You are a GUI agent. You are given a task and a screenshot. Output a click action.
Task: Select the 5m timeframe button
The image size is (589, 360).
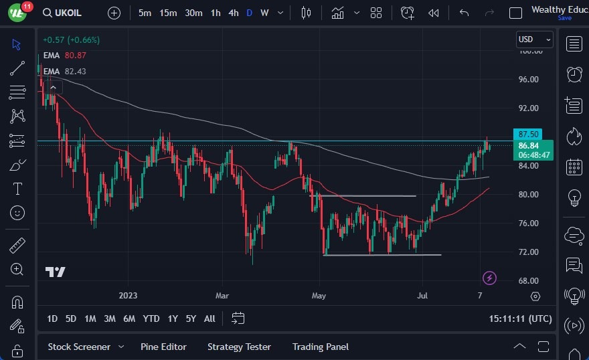click(x=145, y=13)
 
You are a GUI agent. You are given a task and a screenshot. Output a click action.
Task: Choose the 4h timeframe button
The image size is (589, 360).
click(x=233, y=13)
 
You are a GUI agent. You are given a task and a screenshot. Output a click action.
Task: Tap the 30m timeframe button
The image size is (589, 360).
click(x=193, y=13)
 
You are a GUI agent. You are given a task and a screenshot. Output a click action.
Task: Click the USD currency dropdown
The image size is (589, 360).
click(x=534, y=39)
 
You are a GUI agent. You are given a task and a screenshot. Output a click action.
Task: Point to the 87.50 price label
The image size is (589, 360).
click(x=528, y=134)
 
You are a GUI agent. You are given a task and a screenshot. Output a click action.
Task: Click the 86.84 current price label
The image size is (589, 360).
click(x=528, y=145)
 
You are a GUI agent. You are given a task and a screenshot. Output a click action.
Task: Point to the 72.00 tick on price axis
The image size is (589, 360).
click(x=528, y=252)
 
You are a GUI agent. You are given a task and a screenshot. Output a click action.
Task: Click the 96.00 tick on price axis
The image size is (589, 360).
click(x=528, y=79)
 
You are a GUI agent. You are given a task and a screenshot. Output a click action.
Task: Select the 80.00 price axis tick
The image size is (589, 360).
click(x=528, y=194)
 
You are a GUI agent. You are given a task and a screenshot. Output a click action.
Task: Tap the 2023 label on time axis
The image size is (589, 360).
click(x=128, y=295)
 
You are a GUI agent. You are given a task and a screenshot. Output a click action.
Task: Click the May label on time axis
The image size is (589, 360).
click(x=319, y=295)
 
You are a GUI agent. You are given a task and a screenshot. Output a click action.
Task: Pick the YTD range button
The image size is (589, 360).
click(x=151, y=319)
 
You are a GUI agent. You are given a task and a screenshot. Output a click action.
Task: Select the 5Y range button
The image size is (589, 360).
click(x=191, y=319)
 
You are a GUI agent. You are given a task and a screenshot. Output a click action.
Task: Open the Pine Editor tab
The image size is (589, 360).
click(x=163, y=347)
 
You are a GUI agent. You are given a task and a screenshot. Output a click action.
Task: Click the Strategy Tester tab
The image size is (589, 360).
click(x=239, y=347)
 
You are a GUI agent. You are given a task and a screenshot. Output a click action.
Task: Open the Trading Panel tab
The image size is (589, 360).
click(x=320, y=347)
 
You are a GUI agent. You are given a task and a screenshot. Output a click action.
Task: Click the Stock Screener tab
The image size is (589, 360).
click(x=78, y=347)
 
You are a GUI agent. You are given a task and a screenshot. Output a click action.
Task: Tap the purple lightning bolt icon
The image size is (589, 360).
click(x=489, y=278)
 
